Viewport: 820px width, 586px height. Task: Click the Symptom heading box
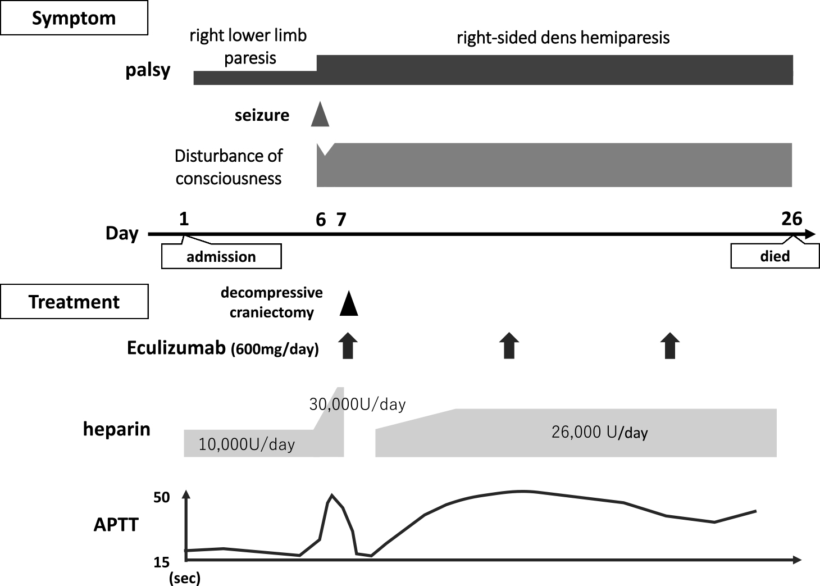pos(74,18)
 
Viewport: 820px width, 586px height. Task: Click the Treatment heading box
pos(74,302)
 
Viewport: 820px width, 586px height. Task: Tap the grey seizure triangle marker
pos(320,115)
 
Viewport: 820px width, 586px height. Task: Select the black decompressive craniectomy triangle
pos(349,305)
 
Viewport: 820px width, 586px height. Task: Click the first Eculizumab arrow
pos(348,346)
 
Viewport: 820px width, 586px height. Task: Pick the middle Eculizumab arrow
pos(509,346)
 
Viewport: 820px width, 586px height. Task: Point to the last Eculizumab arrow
pos(669,346)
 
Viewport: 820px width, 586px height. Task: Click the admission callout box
pos(221,257)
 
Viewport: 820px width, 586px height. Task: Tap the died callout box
pos(775,256)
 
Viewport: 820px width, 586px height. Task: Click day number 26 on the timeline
pos(791,218)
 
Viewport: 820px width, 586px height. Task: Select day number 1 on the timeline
pos(184,219)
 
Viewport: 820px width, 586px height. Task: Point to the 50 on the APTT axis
pos(162,498)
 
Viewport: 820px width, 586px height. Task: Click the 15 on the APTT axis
pos(162,562)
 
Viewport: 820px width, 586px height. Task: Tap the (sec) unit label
pos(185,578)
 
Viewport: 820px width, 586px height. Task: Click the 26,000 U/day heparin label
pos(599,433)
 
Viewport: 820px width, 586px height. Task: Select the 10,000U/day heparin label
pos(247,444)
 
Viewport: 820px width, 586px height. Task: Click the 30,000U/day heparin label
pos(357,404)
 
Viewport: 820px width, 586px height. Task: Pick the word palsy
pos(148,70)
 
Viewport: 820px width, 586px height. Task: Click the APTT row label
pos(116,525)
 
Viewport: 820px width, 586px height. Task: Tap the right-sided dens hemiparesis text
pos(563,38)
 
